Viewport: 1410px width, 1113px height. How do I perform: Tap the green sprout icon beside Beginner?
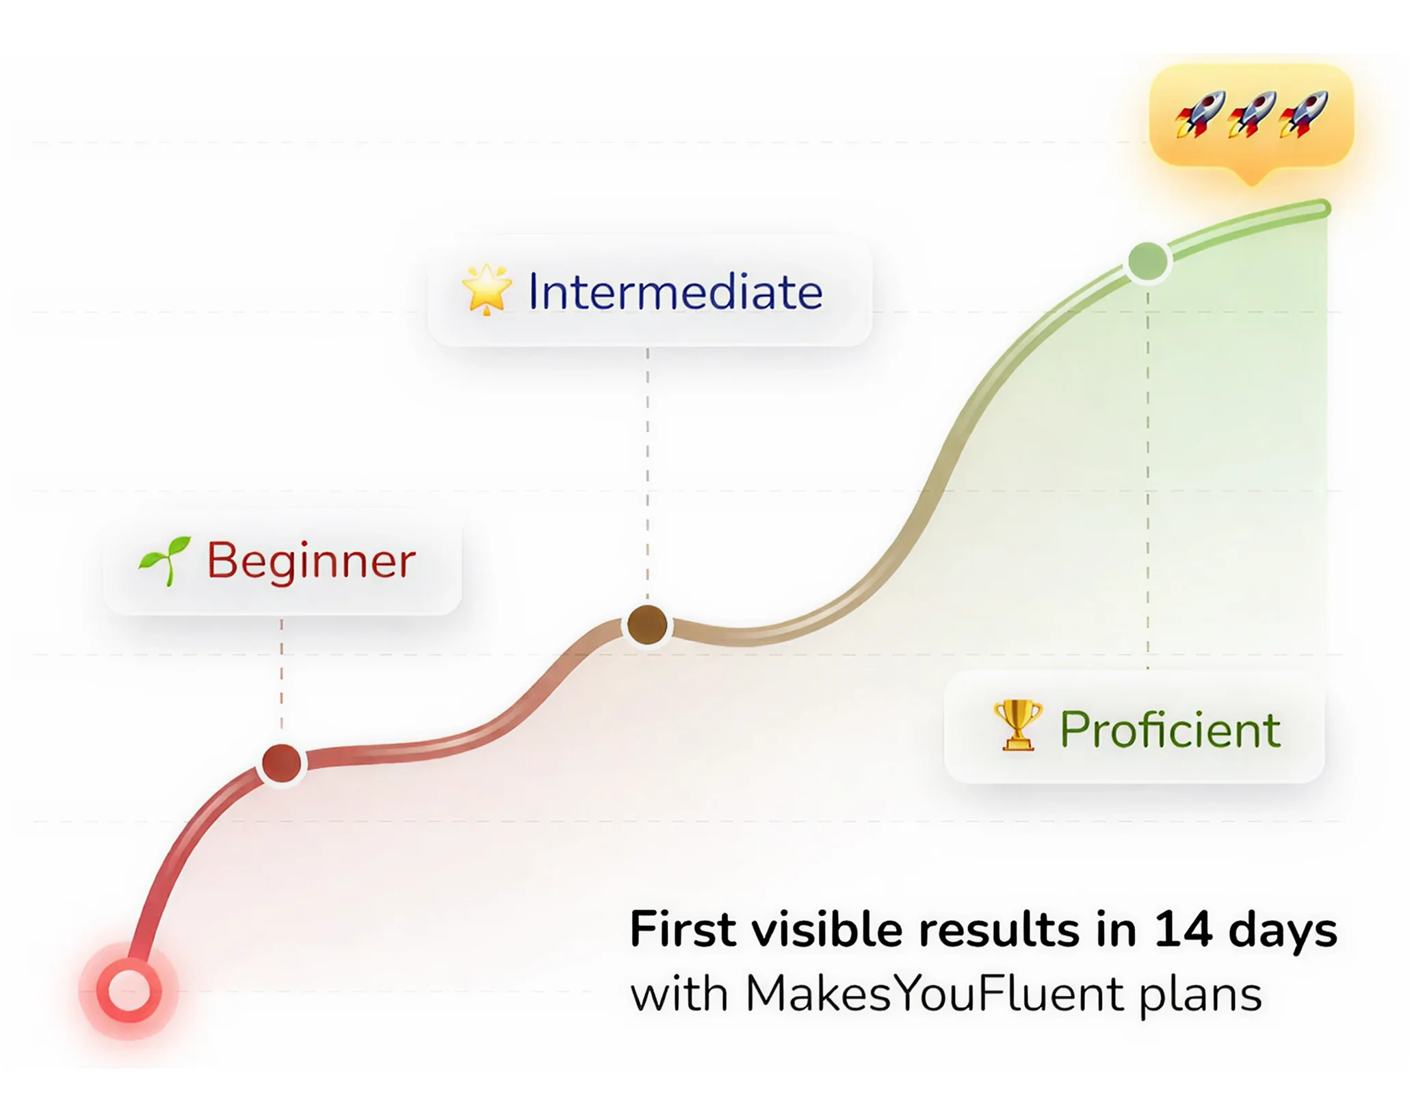[x=164, y=561]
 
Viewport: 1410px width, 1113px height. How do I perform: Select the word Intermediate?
[x=675, y=292]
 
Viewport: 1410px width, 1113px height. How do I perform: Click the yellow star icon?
[x=486, y=289]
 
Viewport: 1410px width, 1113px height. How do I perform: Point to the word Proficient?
[x=1170, y=730]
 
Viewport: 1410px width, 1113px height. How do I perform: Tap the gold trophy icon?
[x=1018, y=725]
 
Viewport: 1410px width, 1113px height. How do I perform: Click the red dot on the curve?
[x=281, y=763]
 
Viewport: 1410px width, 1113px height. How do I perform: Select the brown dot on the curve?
[x=647, y=625]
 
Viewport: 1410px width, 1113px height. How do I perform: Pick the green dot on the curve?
[x=1148, y=261]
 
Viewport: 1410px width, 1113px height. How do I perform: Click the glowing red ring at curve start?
[x=129, y=991]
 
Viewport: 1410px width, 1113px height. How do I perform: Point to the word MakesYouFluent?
[x=935, y=994]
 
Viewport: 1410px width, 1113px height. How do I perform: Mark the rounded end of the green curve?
[x=1324, y=208]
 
